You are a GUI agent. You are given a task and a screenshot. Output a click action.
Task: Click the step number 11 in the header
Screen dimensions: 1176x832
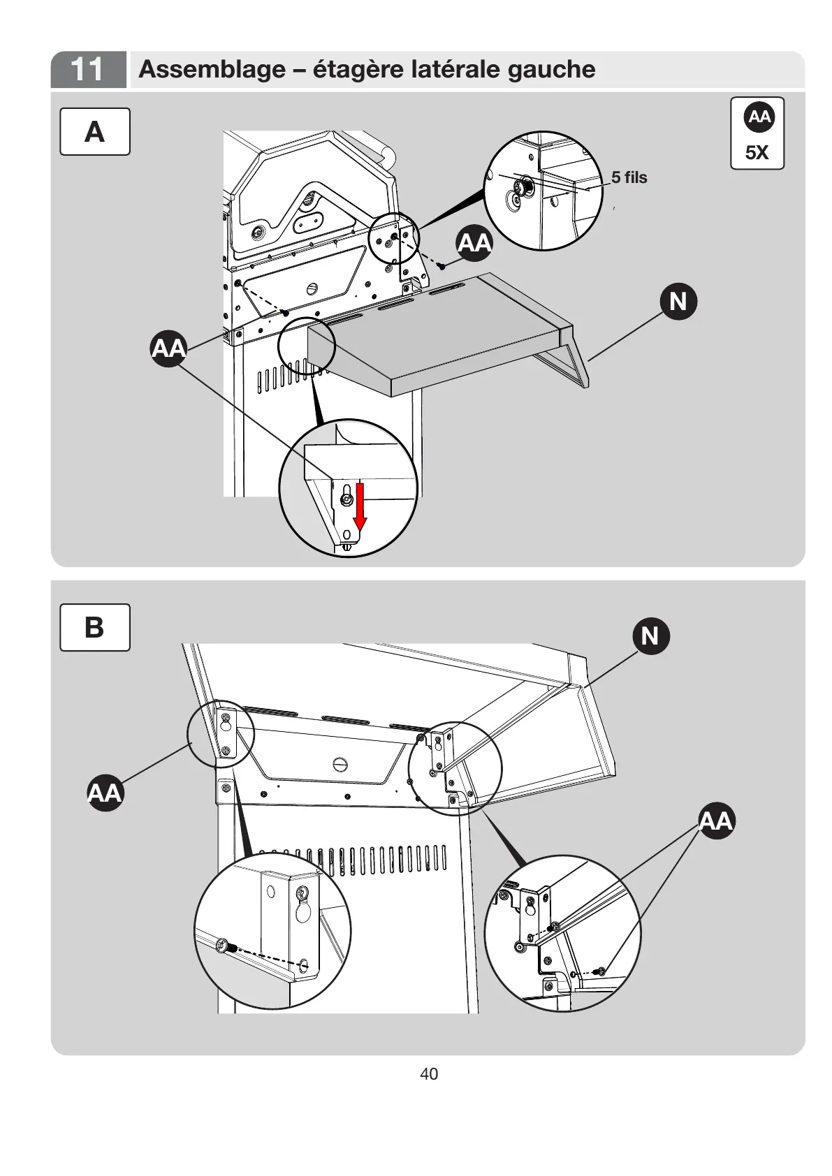pyautogui.click(x=87, y=69)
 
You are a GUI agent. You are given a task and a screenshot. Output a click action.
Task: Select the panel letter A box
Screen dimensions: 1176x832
pyautogui.click(x=94, y=131)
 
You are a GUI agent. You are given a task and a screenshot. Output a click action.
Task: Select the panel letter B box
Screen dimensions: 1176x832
pyautogui.click(x=94, y=627)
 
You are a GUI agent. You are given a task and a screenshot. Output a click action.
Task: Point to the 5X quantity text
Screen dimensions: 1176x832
pyautogui.click(x=757, y=153)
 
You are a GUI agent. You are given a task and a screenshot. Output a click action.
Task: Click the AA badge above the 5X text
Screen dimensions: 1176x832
pyautogui.click(x=759, y=117)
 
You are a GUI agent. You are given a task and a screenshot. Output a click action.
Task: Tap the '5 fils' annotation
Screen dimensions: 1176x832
pyautogui.click(x=629, y=177)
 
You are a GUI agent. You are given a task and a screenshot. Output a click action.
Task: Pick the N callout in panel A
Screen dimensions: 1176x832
pyautogui.click(x=678, y=302)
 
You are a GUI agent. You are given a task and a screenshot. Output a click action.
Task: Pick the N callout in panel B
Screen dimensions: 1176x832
pyautogui.click(x=650, y=635)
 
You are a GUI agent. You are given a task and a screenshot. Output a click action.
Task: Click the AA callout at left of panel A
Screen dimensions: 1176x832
pyautogui.click(x=169, y=348)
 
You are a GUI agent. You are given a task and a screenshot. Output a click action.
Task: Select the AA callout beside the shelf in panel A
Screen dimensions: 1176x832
pyautogui.click(x=475, y=243)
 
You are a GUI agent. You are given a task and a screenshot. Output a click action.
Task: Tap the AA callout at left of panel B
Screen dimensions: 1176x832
pyautogui.click(x=105, y=793)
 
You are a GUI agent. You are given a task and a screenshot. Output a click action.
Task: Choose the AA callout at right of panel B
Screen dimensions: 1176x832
pyautogui.click(x=716, y=821)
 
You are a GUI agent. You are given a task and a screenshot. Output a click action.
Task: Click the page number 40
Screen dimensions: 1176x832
pyautogui.click(x=429, y=1074)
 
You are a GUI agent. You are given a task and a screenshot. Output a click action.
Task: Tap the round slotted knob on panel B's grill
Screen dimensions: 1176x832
pyautogui.click(x=340, y=763)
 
